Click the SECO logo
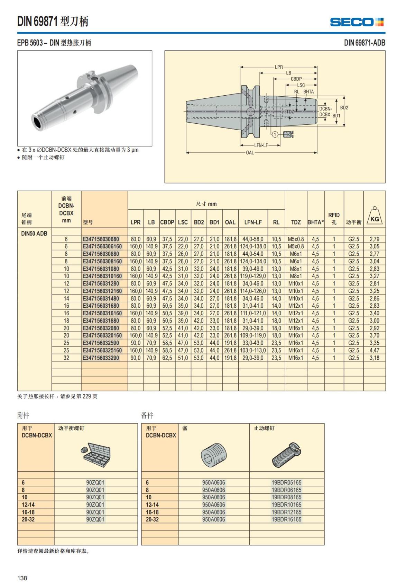coord(357,22)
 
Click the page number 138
coord(22,578)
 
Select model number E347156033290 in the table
coord(101,358)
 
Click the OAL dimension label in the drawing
coord(250,152)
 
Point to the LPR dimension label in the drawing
coord(279,67)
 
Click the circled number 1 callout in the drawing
coord(275,134)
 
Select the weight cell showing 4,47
coord(374,350)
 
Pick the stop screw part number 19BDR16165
coord(286,519)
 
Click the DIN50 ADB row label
coord(34,233)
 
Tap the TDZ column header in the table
coord(296,222)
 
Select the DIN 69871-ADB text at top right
coord(365,43)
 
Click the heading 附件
coord(23,415)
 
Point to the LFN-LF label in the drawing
coord(261,145)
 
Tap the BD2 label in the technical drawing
coord(344,108)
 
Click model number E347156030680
coord(101,239)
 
